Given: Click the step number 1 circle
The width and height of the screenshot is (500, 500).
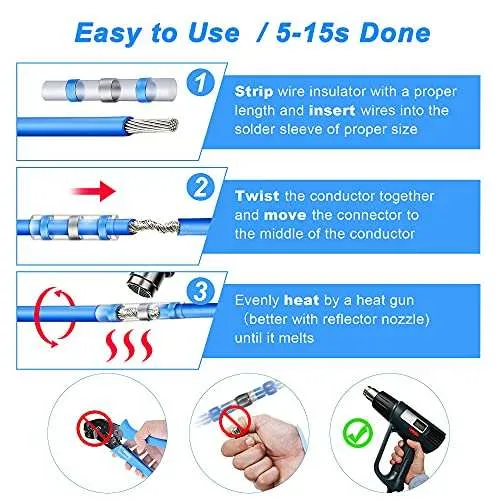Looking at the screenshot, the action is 200,83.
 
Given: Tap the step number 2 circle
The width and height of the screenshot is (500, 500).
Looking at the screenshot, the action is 200,187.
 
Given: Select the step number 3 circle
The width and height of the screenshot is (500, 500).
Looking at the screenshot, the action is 200,291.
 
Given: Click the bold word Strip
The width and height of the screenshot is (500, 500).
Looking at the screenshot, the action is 254,91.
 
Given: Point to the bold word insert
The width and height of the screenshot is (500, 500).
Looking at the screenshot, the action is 332,110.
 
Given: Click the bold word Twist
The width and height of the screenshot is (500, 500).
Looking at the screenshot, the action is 257,196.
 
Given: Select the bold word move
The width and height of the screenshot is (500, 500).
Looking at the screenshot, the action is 285,215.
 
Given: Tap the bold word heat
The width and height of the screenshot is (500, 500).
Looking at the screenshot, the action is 301,300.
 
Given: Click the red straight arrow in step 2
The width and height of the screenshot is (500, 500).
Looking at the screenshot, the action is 94,192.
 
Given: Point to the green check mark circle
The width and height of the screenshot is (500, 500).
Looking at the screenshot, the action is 358,433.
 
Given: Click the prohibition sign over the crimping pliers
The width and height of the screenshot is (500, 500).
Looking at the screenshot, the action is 93,426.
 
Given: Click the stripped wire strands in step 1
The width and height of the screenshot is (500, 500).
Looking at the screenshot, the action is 152,126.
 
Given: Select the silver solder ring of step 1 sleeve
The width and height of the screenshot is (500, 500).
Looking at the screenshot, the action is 110,90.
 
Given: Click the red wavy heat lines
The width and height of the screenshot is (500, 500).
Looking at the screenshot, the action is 129,346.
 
